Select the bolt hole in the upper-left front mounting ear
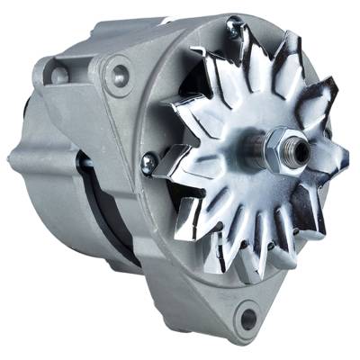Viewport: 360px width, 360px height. [118, 76]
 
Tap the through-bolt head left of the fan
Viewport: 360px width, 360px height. [148, 162]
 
